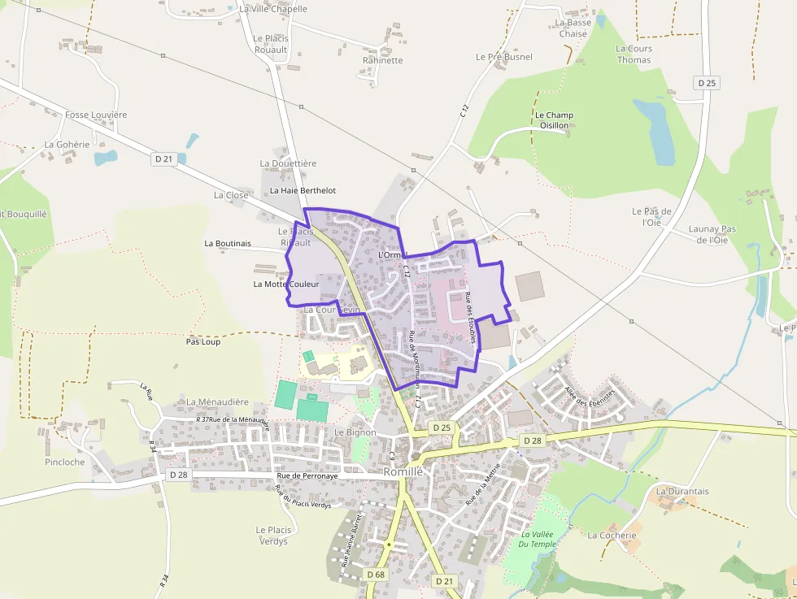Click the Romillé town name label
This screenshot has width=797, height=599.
tap(403, 472)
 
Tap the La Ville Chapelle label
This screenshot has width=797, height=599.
tap(273, 9)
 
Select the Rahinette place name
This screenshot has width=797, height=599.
tap(382, 60)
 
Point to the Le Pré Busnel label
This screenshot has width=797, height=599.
tap(504, 57)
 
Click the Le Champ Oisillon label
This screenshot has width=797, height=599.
tap(554, 120)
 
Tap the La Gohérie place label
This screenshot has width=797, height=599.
tap(67, 145)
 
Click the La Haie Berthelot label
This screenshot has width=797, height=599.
tap(303, 190)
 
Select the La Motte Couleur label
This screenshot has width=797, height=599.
tap(286, 284)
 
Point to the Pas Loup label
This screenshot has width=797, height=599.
tap(203, 341)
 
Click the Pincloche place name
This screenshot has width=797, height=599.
tap(65, 462)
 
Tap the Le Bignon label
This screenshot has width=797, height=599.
tap(355, 432)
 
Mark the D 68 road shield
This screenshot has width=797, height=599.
tap(375, 575)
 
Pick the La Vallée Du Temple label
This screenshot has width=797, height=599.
tap(537, 539)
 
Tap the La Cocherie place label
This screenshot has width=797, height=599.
tap(612, 536)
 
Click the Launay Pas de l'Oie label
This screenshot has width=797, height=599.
tap(712, 234)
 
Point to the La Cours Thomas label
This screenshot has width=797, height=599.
tap(634, 54)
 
